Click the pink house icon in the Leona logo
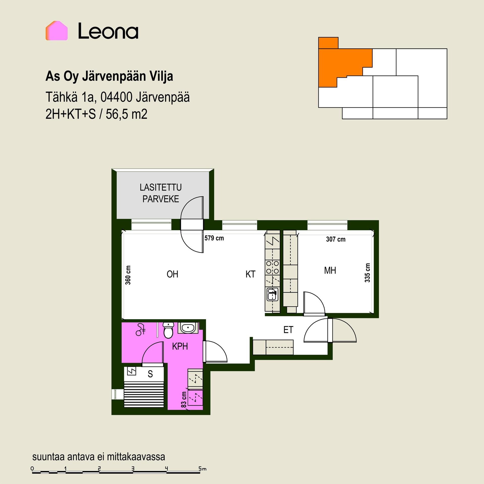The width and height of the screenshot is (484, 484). point(56,31)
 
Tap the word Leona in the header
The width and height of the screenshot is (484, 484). point(108,31)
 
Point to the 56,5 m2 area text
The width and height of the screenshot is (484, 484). point(127,114)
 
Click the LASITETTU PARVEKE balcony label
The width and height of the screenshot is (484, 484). point(161,193)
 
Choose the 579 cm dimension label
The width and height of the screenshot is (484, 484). point(214,238)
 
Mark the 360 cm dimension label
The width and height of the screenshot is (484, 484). point(128,275)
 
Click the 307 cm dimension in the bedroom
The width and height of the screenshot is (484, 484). point(336,239)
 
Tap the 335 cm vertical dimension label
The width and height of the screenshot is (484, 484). point(367,273)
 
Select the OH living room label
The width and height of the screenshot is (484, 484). point(172,274)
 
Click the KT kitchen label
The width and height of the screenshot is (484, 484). point(250,274)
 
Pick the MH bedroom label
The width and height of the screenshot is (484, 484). point(330,271)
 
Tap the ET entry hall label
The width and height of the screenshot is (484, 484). point(288,330)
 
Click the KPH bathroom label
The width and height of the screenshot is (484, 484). point(180,346)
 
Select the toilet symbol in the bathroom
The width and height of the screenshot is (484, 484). point(168,330)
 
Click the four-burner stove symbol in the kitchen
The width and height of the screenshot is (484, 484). point(273,267)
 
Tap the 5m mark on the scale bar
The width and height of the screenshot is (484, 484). point(202,469)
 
